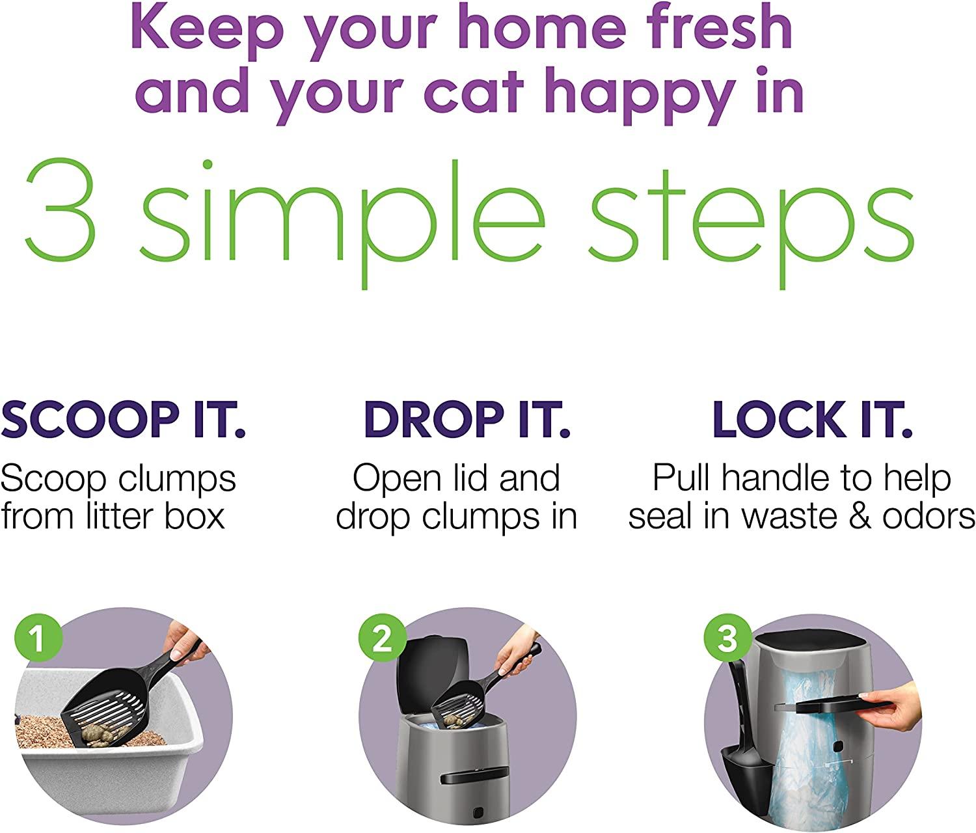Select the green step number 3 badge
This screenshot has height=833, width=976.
[x=727, y=638]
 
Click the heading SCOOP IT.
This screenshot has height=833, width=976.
[x=123, y=420]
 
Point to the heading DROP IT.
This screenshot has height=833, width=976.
[x=467, y=420]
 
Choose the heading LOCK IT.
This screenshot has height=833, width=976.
[x=813, y=420]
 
